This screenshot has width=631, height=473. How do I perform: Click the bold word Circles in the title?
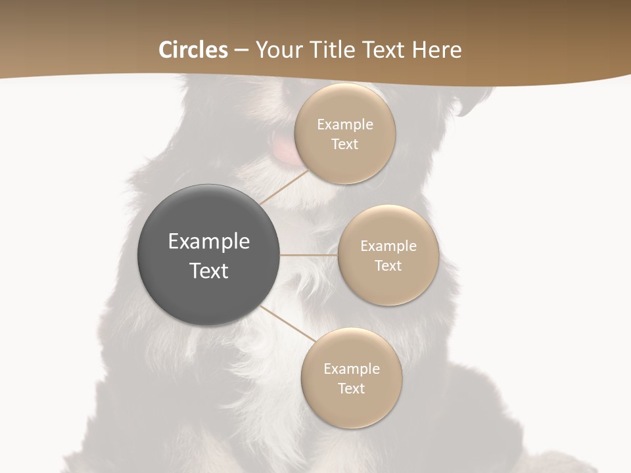pos(193,50)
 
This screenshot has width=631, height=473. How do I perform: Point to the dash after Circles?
pos(242,51)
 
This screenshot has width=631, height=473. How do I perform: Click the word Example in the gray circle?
pos(209,242)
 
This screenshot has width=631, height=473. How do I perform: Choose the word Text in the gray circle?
pos(209,271)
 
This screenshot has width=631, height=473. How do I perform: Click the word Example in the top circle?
pos(345,125)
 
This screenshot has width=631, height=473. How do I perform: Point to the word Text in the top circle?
pos(344,145)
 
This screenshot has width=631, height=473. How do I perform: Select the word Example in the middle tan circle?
pos(388,246)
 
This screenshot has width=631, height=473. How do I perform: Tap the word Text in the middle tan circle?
pos(388,266)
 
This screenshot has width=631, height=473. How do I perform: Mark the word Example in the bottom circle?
pos(352,369)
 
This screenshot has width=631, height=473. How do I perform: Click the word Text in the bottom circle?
pos(351,389)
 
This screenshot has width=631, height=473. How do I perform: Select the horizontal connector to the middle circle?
pos(309,255)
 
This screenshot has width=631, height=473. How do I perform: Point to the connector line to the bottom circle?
pos(288,323)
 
